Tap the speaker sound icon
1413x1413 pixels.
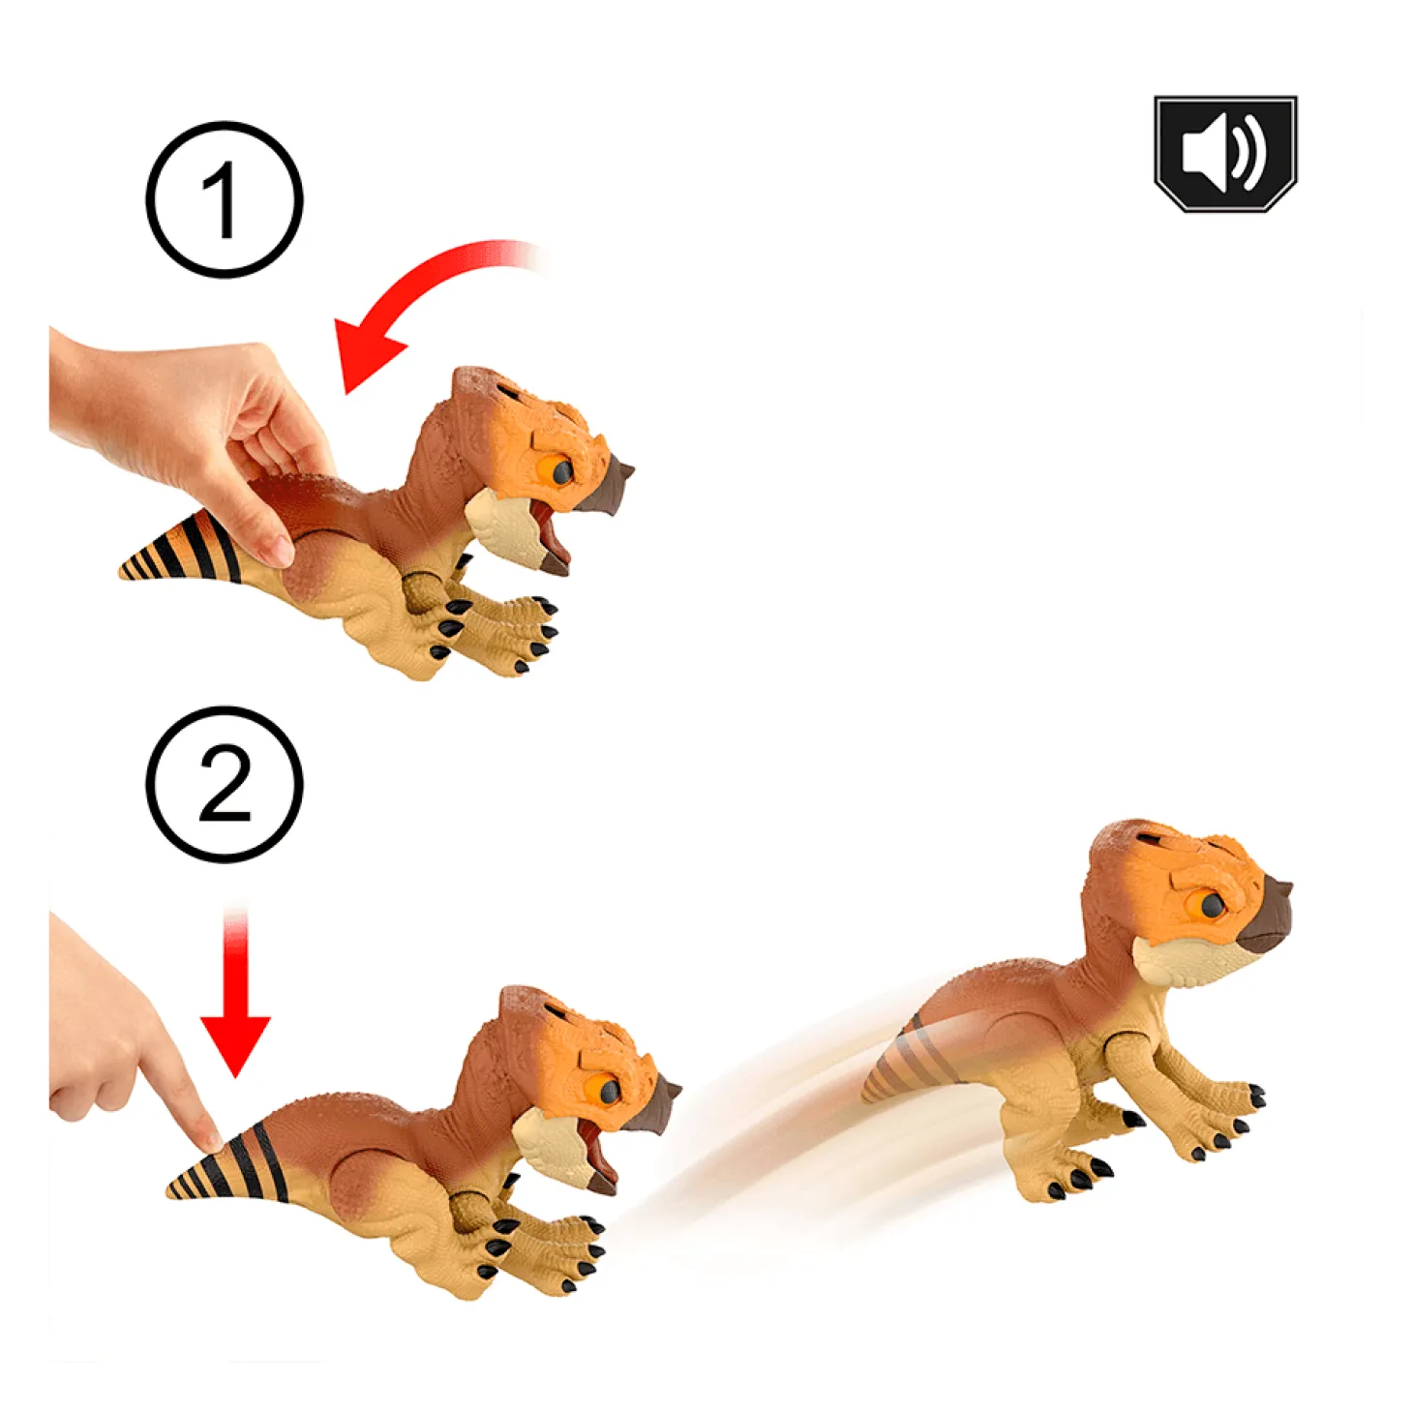(1225, 154)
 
